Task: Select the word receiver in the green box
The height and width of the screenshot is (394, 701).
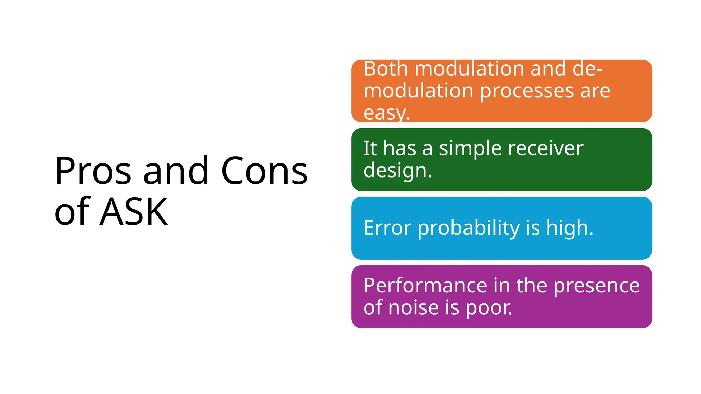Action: pos(546,148)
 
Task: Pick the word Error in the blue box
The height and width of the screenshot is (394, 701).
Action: pos(387,228)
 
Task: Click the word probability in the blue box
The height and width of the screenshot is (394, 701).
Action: pos(469,228)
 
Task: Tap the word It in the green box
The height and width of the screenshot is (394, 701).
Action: pos(370,148)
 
